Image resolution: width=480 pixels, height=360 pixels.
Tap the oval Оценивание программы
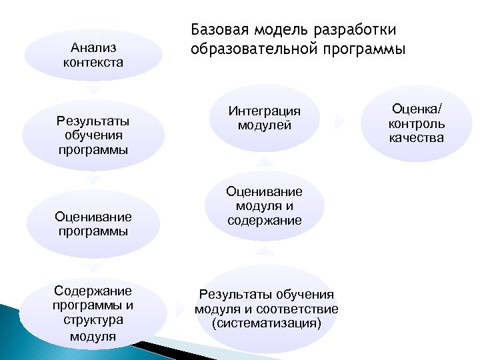[x=93, y=224]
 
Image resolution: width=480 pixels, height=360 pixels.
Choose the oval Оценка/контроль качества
[x=417, y=123]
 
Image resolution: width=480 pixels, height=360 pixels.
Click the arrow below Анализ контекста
[x=94, y=89]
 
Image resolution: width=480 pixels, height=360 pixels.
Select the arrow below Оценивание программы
[x=94, y=267]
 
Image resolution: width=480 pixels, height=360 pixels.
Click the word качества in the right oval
[x=417, y=138]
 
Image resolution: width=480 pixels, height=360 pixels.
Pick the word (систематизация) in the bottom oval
[x=266, y=323]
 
